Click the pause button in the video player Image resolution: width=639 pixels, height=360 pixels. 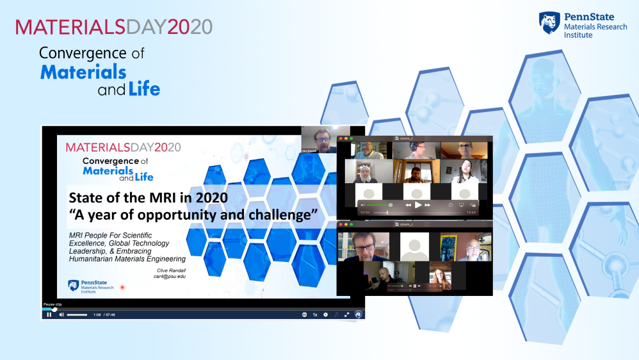click(49, 315)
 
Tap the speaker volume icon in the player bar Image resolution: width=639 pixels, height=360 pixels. click(61, 315)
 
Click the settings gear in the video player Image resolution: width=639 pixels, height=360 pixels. click(325, 315)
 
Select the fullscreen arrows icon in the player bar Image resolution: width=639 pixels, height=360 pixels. click(347, 315)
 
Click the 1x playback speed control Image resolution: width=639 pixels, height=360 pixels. click(314, 315)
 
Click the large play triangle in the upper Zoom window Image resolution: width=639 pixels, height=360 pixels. click(418, 205)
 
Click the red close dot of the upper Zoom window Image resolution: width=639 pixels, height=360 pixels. click(341, 138)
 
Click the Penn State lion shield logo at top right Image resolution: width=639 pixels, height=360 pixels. click(549, 22)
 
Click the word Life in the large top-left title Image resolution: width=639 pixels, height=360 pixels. click(145, 88)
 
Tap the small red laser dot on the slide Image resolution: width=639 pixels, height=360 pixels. click(122, 287)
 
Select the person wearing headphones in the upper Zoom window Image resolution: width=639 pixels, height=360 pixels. click(417, 150)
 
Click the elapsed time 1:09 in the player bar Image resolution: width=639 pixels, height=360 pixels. click(97, 315)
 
